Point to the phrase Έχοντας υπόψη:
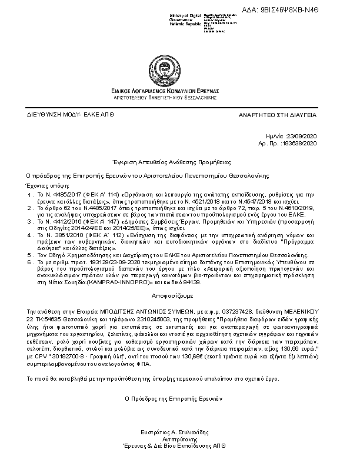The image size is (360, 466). pyautogui.click(x=45, y=184)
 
